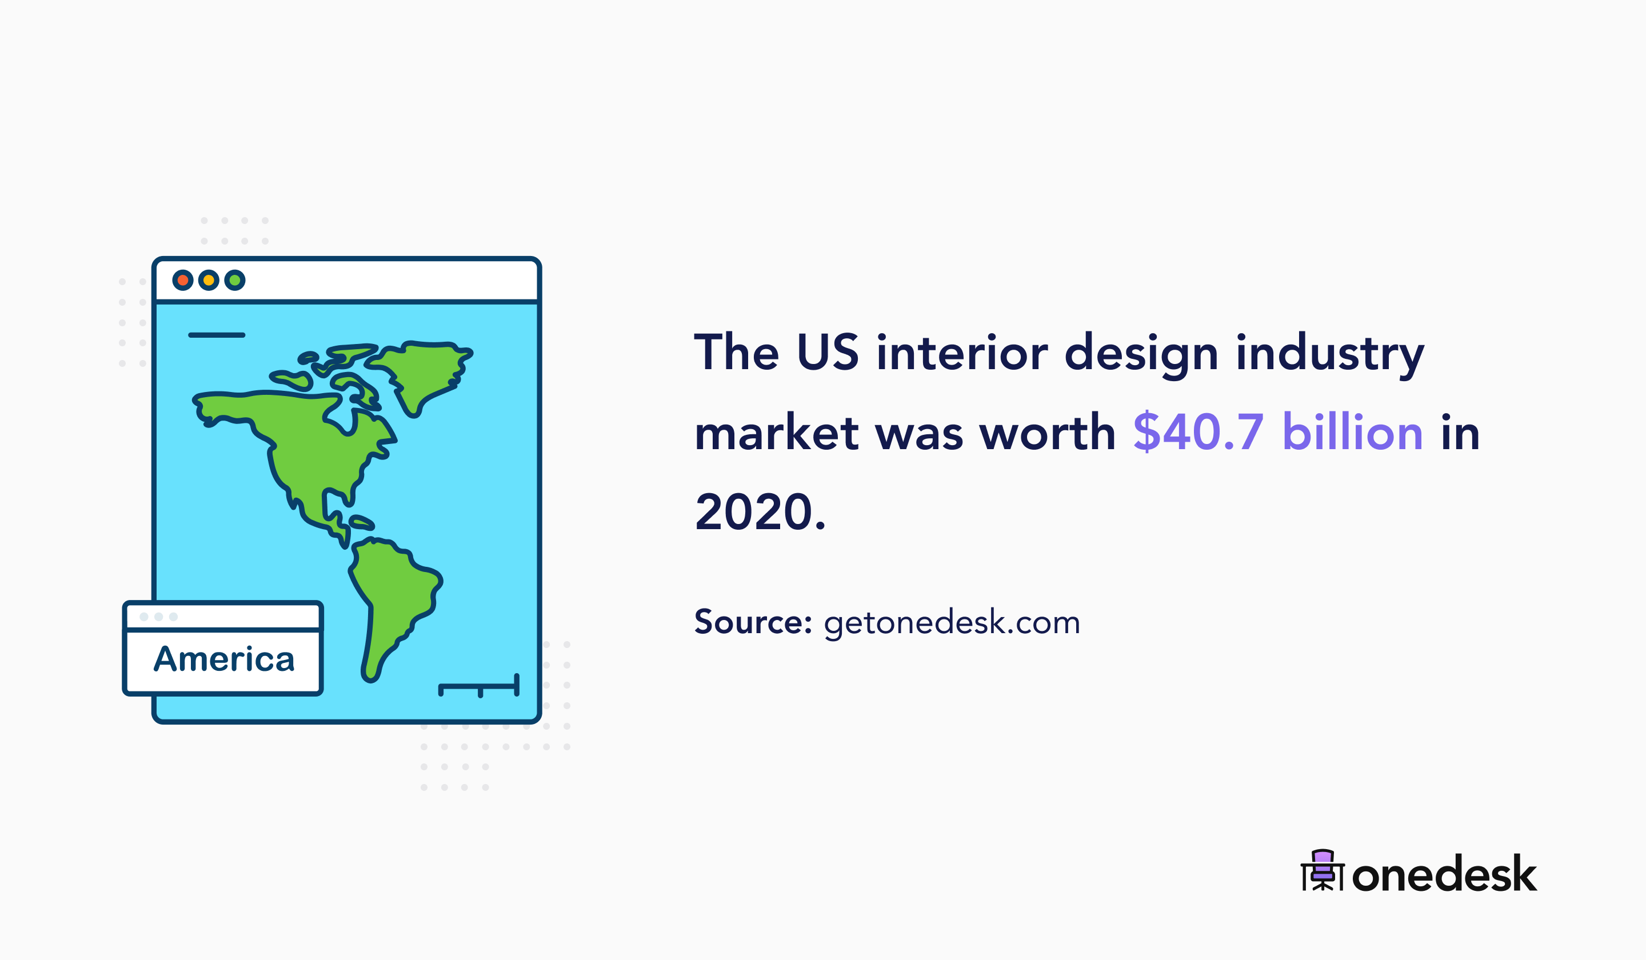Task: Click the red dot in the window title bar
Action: tap(182, 280)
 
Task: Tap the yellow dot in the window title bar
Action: tap(209, 280)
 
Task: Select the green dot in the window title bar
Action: tap(234, 280)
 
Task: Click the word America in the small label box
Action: tap(224, 659)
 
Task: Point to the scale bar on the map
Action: tap(480, 686)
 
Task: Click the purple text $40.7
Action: tap(1198, 433)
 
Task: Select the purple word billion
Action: tap(1352, 433)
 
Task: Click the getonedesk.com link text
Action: tap(952, 623)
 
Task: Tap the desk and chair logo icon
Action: tap(1323, 870)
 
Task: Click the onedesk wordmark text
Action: tap(1444, 874)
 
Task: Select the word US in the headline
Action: tap(828, 353)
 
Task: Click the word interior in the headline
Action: tap(962, 353)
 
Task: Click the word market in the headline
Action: tap(776, 433)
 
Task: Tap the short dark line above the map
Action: tap(216, 335)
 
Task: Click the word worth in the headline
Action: tap(1047, 433)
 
